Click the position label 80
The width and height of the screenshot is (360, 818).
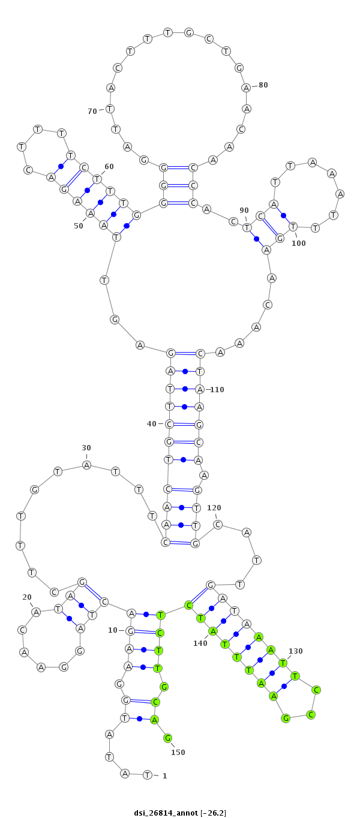point(263,85)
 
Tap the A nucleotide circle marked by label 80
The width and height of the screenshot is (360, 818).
point(247,88)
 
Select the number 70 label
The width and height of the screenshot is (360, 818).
point(92,111)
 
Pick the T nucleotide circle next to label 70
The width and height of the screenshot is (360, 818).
point(110,109)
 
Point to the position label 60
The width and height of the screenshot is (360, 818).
point(109,167)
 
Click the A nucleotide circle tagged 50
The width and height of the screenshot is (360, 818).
point(90,212)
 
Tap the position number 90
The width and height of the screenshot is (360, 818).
point(244,210)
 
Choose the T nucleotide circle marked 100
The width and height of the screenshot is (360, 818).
point(293,227)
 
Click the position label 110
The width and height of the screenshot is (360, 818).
point(217,390)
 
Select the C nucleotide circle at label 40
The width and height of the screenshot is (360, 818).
point(169,424)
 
